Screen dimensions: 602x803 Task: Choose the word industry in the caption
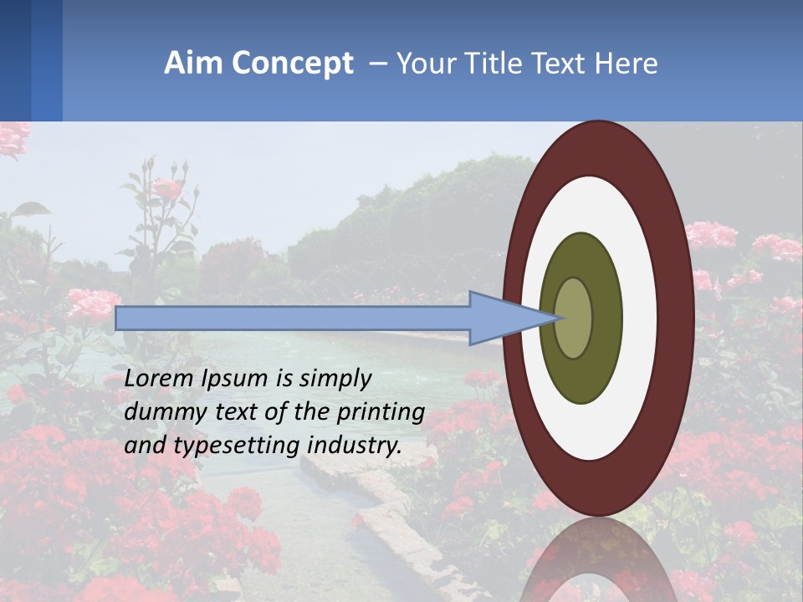(x=354, y=446)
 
